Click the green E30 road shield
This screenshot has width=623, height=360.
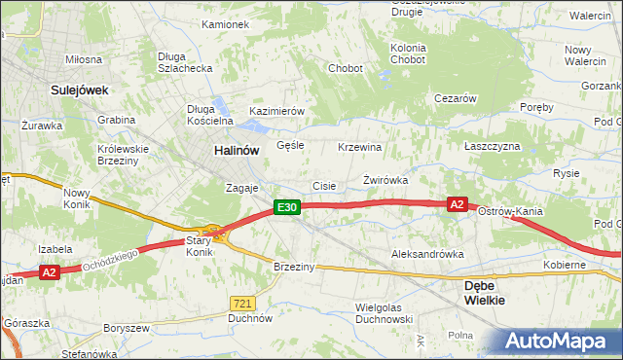285,207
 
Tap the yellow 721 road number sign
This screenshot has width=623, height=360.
242,305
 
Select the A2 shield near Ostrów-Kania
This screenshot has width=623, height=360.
458,204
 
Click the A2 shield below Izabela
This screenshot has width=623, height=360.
51,273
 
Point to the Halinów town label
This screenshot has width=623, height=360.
237,151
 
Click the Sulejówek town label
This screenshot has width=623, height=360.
79,90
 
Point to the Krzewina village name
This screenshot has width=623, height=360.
359,147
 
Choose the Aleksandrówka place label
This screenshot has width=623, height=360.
427,254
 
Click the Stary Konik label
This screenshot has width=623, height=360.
199,245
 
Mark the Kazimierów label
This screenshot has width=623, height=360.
277,111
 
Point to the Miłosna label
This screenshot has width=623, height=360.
84,59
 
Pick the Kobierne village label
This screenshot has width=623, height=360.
565,265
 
